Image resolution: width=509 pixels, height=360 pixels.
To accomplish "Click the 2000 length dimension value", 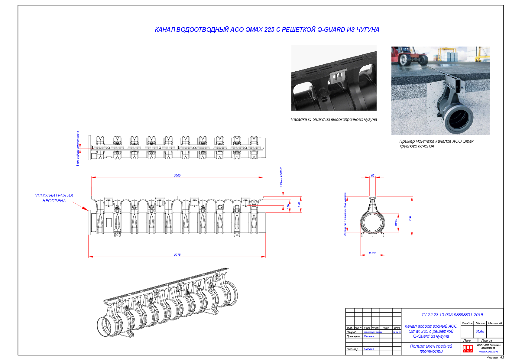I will [x=177, y=175].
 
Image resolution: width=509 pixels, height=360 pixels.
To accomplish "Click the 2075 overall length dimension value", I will [x=177, y=255].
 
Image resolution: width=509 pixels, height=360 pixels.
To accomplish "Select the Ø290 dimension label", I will [x=372, y=253].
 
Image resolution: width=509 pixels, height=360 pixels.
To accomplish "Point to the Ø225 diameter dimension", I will [x=396, y=223].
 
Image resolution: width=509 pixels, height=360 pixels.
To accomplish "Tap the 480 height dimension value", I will [x=410, y=218].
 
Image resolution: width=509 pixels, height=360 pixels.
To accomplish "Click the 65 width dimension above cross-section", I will [x=372, y=176].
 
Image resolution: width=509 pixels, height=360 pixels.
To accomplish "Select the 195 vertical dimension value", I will [x=299, y=205].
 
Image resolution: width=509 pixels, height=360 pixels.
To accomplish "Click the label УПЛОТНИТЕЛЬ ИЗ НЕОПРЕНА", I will [x=54, y=198].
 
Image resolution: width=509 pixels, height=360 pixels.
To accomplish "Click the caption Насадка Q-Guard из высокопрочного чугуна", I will [x=334, y=119].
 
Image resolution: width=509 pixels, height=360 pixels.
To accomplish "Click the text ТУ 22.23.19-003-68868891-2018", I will [x=452, y=315].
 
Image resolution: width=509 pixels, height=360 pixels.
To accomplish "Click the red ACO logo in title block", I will [x=468, y=349].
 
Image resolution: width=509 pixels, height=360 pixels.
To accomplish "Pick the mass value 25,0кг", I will [x=480, y=332].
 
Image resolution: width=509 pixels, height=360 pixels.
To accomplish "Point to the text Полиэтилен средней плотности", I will [x=431, y=349].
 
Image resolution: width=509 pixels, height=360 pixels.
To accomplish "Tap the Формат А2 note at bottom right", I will [x=495, y=358].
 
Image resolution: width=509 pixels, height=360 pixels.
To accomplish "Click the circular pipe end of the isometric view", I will [x=107, y=327].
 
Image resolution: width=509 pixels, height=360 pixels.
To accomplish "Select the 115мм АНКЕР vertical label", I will [x=281, y=177].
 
